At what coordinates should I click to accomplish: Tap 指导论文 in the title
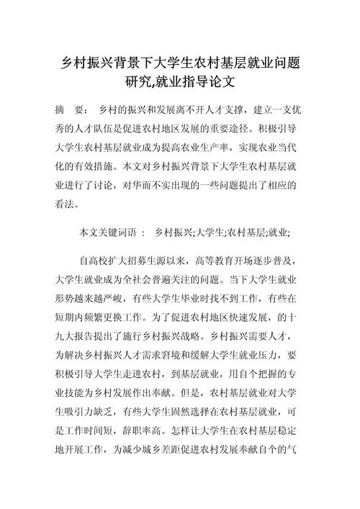(210, 84)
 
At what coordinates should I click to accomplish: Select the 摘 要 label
(71, 111)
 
